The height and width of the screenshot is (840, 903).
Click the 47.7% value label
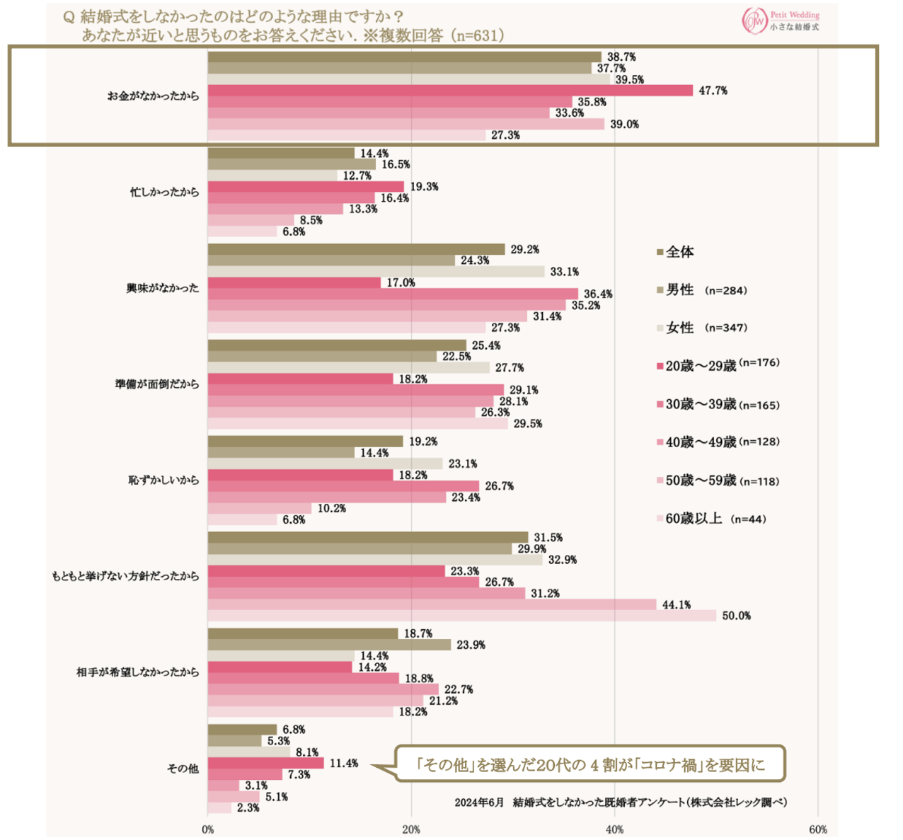point(713,91)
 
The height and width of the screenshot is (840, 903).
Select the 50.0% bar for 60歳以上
point(461,616)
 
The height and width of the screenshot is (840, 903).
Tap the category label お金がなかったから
point(153,96)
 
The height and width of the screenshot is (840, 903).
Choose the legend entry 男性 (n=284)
point(705,290)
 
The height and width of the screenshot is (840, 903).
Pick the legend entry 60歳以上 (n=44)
point(714,519)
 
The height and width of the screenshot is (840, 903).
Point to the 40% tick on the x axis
point(614,829)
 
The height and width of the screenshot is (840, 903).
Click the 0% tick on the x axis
point(208,829)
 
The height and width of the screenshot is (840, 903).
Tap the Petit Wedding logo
point(781,21)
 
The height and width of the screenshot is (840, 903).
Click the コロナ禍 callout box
point(589,764)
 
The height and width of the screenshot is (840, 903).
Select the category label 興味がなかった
point(163,288)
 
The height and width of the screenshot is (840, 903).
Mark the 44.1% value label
point(677,604)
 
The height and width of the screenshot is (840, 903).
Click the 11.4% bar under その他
point(265,763)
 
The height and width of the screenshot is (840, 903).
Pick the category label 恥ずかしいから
point(163,480)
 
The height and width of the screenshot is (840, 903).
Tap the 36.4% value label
point(598,294)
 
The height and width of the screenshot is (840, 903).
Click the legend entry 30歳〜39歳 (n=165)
point(721,405)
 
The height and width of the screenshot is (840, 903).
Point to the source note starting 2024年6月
point(620,802)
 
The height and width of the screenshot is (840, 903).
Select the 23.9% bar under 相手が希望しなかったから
point(329,645)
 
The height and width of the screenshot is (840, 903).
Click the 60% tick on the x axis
point(818,829)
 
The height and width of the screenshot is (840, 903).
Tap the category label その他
point(183,768)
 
